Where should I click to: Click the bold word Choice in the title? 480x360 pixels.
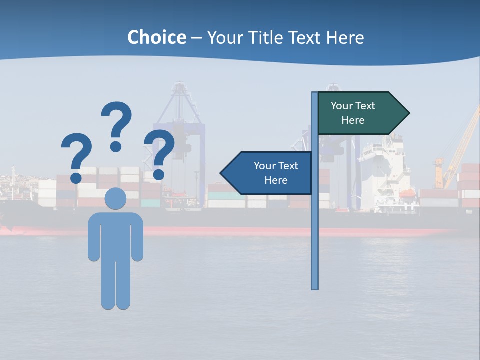click(x=156, y=37)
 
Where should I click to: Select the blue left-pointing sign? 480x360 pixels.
click(x=270, y=173)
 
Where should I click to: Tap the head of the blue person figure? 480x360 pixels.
click(x=115, y=199)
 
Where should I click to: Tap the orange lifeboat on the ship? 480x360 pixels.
click(x=407, y=193)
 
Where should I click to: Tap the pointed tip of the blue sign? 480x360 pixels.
click(x=223, y=173)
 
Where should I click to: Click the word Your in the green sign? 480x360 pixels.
click(x=341, y=106)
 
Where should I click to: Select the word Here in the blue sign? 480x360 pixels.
click(x=276, y=180)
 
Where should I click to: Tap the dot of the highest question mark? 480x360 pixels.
click(x=116, y=146)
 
